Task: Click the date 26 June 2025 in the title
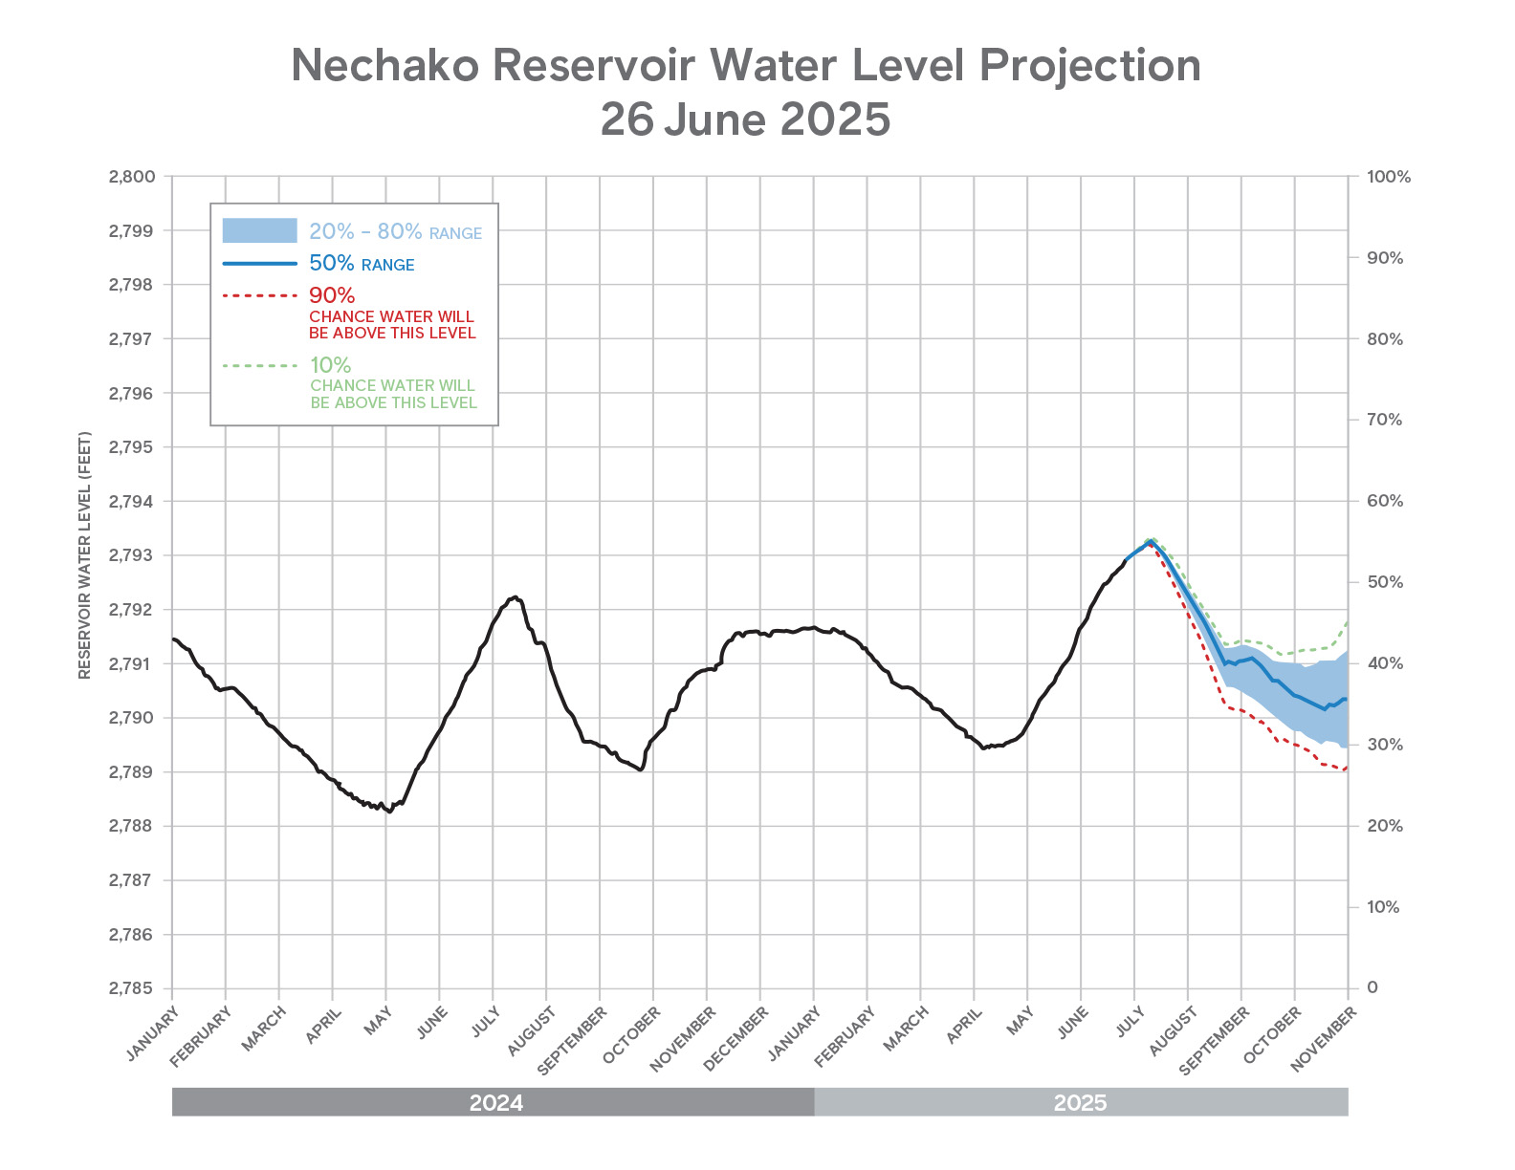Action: pos(745,119)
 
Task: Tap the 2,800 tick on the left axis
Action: pos(132,177)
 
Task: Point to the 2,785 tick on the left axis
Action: pos(132,988)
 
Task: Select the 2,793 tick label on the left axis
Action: pos(132,555)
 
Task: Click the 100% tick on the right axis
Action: pos(1389,177)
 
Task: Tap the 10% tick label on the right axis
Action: pos(1383,907)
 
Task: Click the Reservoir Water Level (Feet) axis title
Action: pos(85,555)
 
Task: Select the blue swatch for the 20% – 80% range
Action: pos(259,230)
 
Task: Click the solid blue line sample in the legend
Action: pos(259,263)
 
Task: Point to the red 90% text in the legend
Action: pos(332,295)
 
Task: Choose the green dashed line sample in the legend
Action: pos(259,365)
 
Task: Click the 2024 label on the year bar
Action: pos(495,1103)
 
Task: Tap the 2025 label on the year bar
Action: pos(1080,1103)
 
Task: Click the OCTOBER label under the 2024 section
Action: pos(633,1034)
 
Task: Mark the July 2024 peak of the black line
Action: pos(516,596)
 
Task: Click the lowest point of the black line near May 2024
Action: pos(388,812)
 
